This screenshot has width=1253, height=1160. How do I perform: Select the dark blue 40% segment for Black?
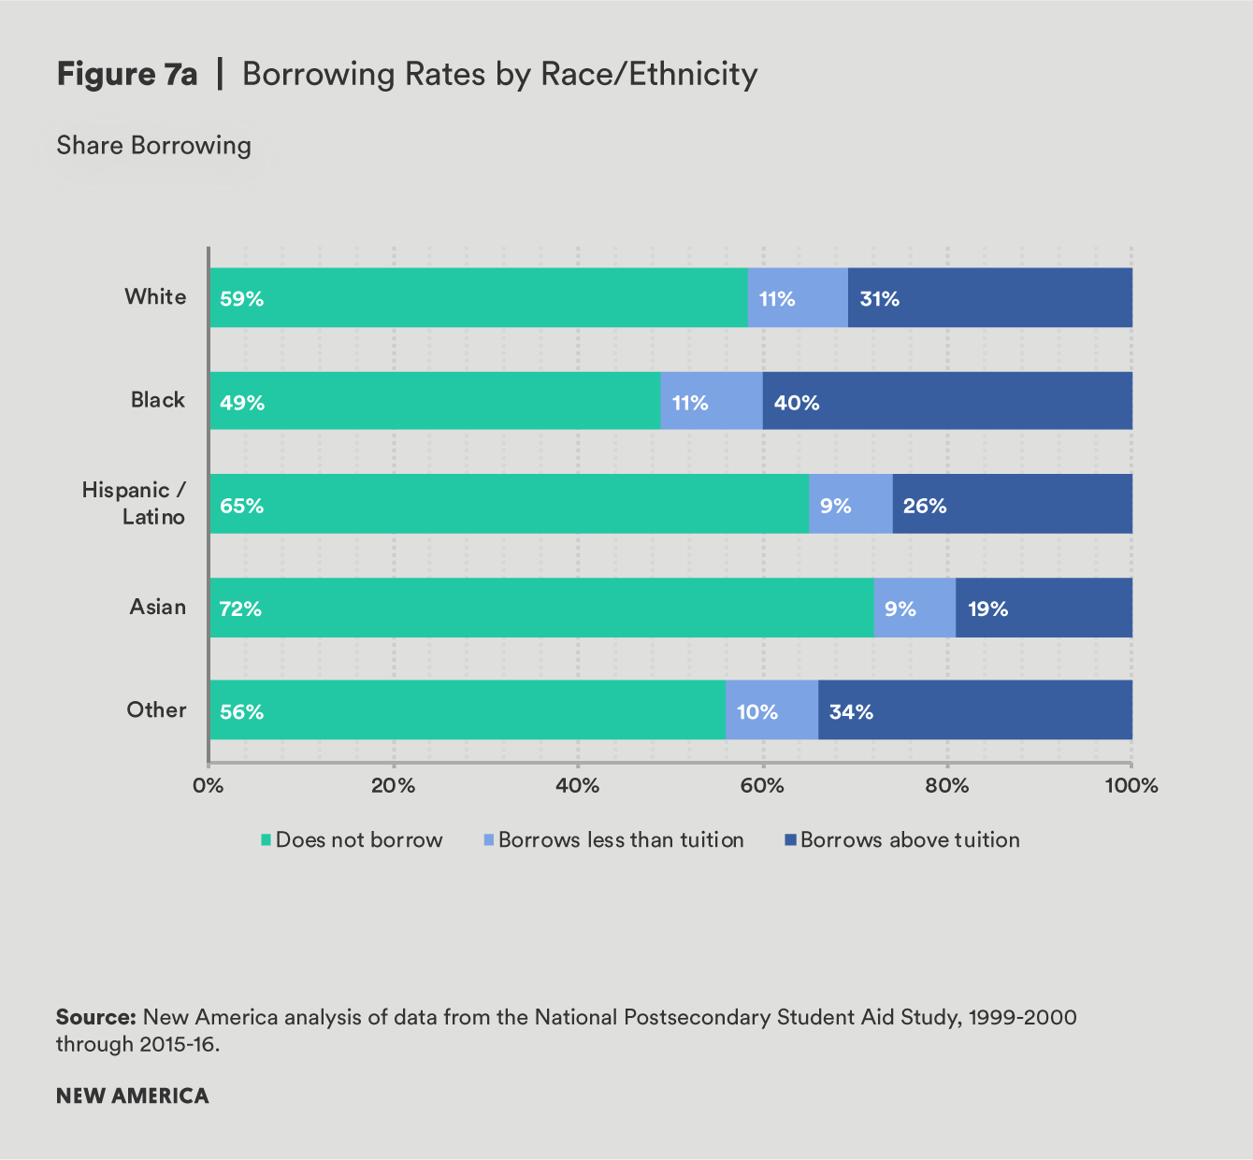coord(947,402)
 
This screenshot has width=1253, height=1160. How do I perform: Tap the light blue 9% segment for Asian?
coord(915,609)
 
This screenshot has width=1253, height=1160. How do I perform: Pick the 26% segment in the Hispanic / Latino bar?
coord(1012,505)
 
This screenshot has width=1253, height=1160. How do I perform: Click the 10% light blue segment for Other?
coord(771,710)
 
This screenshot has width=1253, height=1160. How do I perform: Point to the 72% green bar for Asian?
coord(541,609)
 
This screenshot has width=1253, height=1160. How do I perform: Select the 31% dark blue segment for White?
coord(989,298)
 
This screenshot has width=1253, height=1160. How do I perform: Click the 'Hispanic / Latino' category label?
coord(134,503)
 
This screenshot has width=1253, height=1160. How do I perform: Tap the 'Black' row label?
coord(157,400)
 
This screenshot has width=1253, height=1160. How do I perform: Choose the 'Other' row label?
coord(156,710)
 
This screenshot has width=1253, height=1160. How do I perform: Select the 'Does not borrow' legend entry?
coord(351,840)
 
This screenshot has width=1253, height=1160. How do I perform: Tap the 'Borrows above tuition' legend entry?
coord(901,840)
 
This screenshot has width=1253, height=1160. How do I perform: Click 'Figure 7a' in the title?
coord(127,75)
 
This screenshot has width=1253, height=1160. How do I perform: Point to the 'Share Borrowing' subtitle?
coord(154,146)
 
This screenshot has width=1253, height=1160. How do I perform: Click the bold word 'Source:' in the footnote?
coord(96,1017)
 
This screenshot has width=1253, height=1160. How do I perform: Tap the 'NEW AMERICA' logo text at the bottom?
coord(133,1096)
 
